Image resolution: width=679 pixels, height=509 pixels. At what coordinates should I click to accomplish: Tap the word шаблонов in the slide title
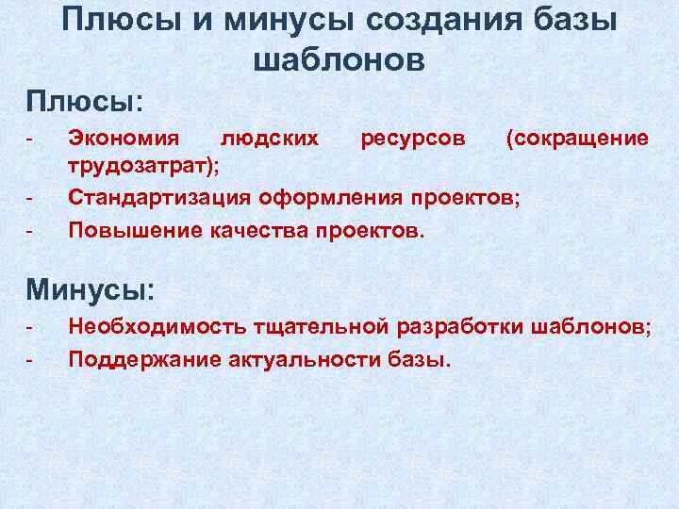[x=339, y=60]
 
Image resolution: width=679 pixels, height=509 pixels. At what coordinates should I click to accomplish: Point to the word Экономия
[x=124, y=139]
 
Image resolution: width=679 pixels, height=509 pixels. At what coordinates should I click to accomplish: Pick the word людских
[x=269, y=139]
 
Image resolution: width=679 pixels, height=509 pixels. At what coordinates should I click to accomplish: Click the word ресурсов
[x=412, y=139]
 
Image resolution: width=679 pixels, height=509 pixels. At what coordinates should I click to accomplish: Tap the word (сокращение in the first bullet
[x=576, y=139]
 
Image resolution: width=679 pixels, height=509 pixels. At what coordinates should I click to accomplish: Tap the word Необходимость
[x=157, y=327]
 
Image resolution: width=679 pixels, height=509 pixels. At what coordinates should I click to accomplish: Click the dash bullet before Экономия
[x=30, y=139]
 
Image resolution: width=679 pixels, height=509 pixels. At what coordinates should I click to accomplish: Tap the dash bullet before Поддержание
[x=30, y=358]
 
